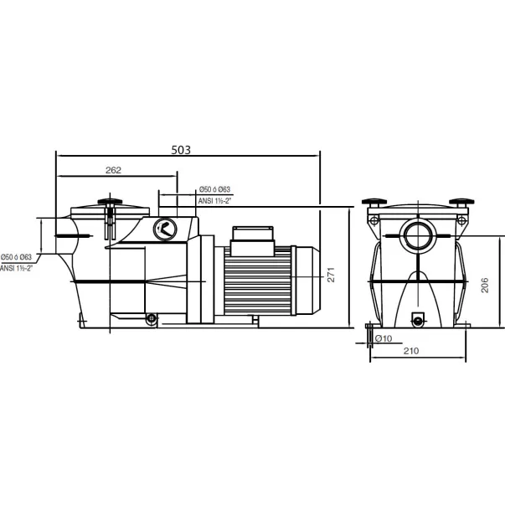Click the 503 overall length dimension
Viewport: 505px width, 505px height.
(181, 150)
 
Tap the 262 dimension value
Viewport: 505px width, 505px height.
(113, 170)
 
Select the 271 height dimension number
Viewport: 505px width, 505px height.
(331, 275)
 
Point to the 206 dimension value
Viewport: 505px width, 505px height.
(484, 285)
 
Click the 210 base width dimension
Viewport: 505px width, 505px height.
(411, 351)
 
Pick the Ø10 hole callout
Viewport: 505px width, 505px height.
(384, 338)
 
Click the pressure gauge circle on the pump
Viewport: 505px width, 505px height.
(165, 229)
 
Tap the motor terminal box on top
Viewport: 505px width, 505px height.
(253, 241)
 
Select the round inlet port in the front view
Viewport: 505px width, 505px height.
(418, 235)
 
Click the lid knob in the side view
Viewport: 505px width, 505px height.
(110, 202)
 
